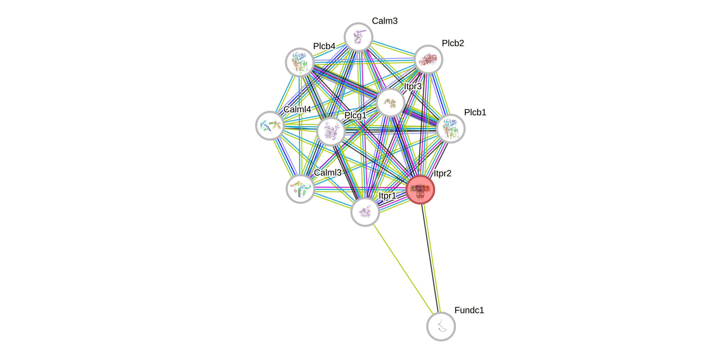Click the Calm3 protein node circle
coord(358,37)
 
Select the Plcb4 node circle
coord(300,62)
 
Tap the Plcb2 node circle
coord(428,60)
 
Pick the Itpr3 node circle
coord(390,103)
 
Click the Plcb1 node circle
coord(450,129)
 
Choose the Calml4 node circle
coord(270,125)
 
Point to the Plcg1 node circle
coord(331,132)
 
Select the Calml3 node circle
coord(300,189)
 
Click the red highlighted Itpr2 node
coord(420,189)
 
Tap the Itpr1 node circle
coord(365,212)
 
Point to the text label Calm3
coord(385,21)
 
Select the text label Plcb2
coord(453,43)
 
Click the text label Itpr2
coord(442,173)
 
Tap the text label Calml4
coord(297,109)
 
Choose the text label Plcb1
coord(475,112)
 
